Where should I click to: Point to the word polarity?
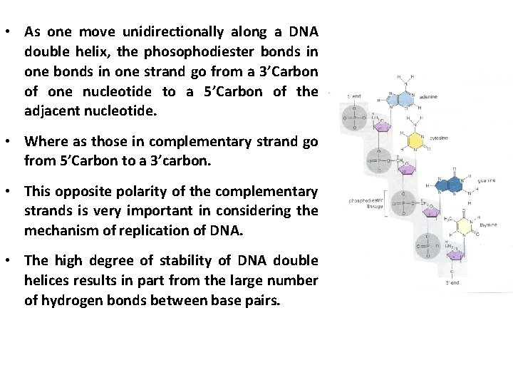pos(135,192)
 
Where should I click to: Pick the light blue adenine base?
pos(408,98)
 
